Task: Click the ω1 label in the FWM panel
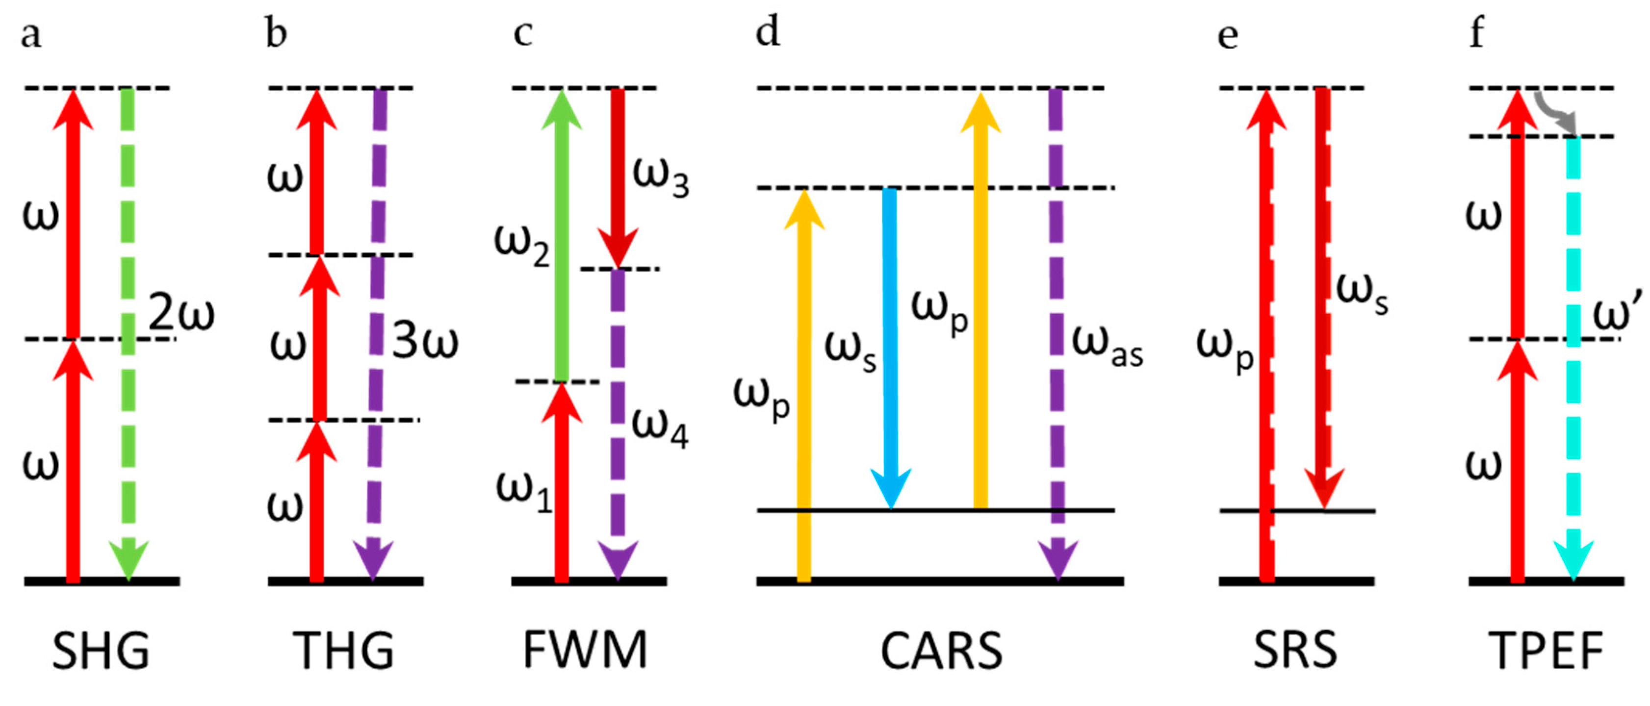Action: tap(524, 493)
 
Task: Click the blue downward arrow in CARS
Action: tap(890, 346)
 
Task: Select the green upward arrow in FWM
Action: tap(561, 237)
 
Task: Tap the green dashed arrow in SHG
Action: tap(128, 333)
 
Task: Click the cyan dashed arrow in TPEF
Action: tap(1573, 358)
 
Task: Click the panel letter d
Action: tap(768, 32)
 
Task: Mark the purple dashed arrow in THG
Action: tap(377, 333)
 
